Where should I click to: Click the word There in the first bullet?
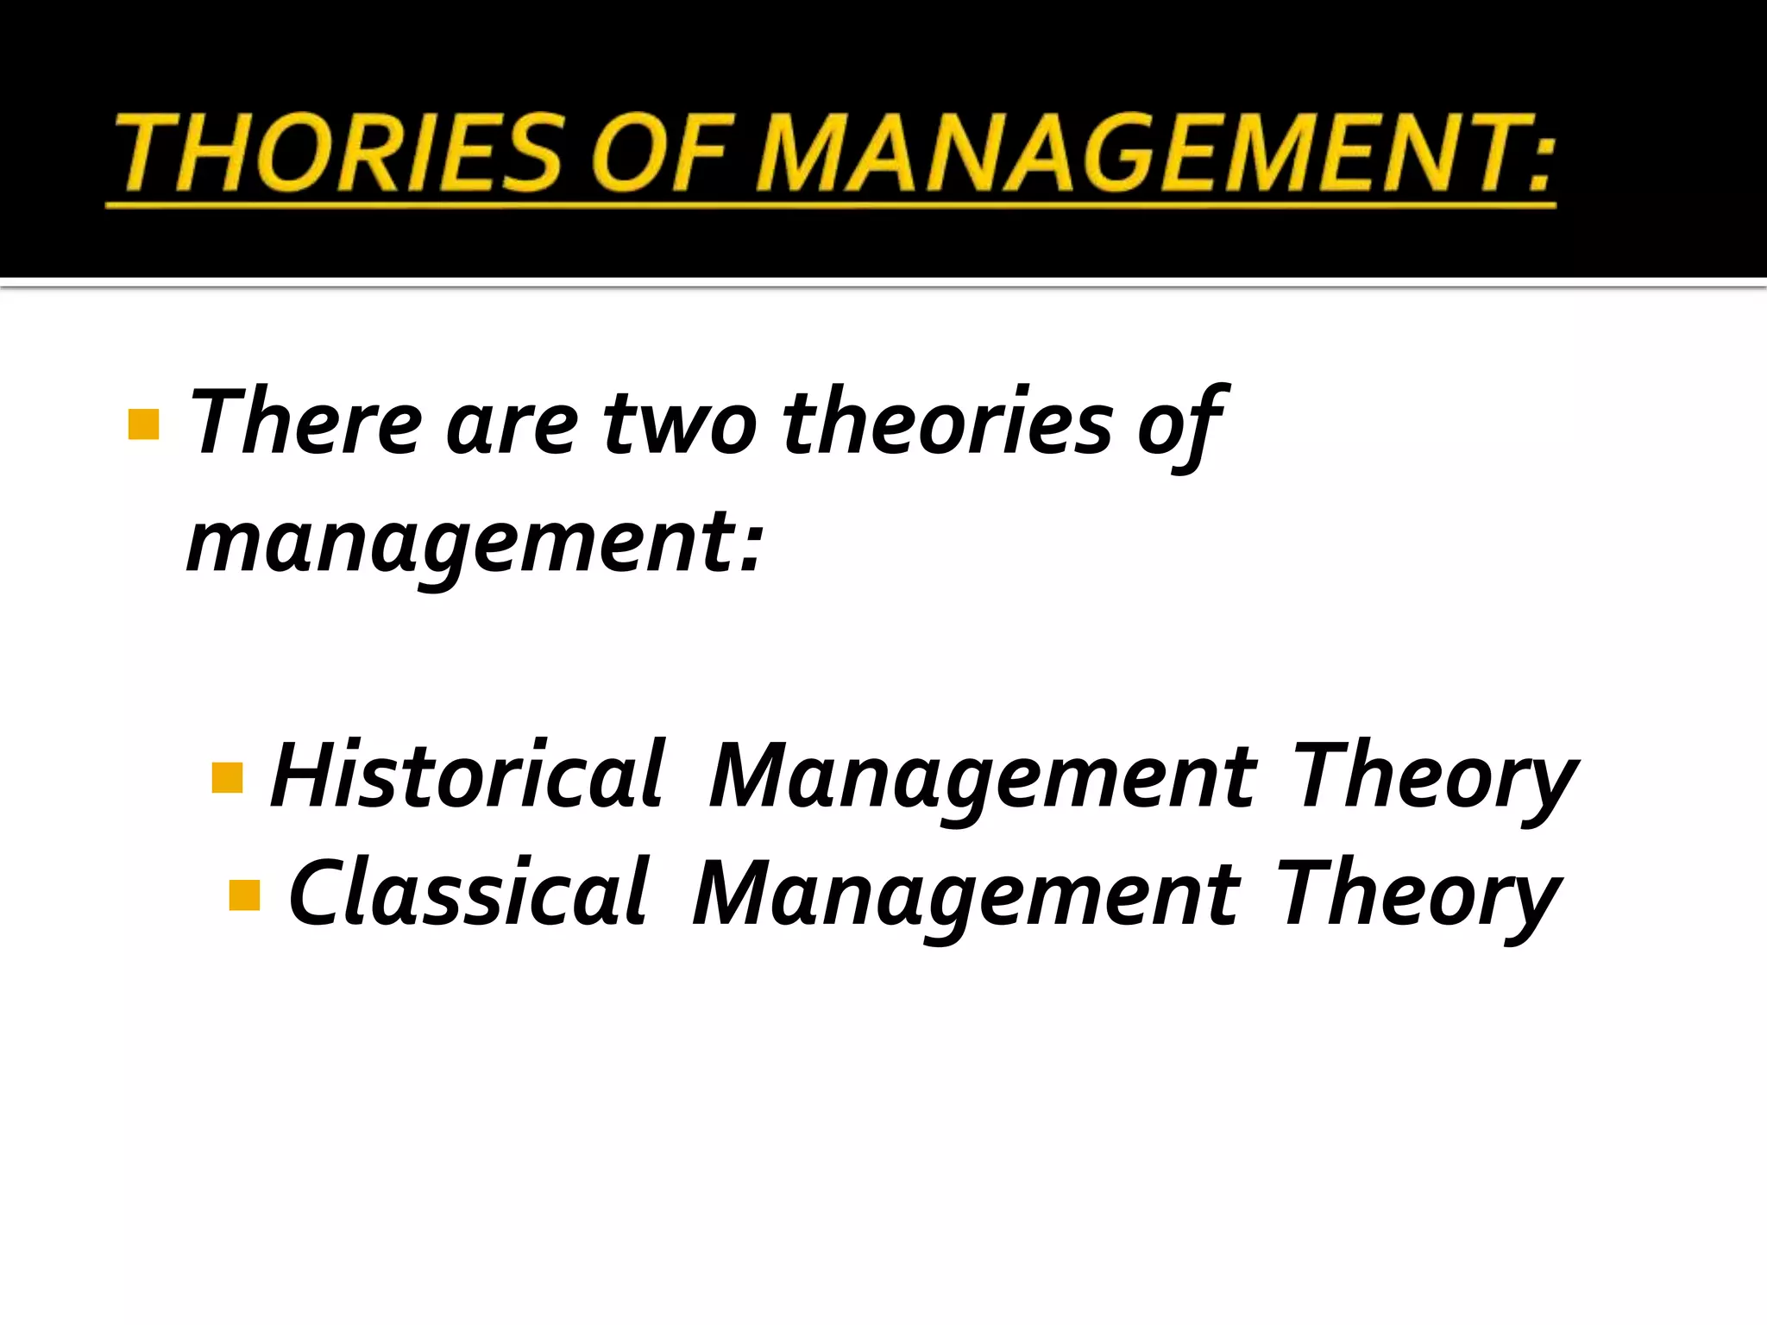click(305, 422)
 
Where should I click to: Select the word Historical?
click(467, 775)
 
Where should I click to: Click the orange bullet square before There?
click(143, 424)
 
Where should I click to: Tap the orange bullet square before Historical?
click(227, 777)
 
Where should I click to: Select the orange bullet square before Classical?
click(244, 895)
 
